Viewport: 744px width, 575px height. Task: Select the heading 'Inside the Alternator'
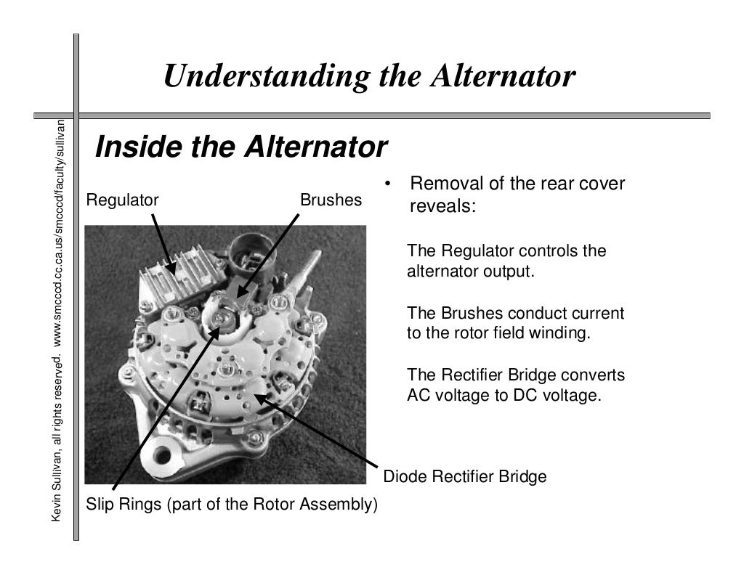(x=240, y=147)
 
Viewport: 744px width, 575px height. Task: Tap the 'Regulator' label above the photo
(x=123, y=200)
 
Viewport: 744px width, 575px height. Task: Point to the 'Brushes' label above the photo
(x=331, y=200)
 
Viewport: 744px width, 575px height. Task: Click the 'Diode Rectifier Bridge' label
(x=464, y=477)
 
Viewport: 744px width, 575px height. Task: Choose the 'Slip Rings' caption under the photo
(x=232, y=504)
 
